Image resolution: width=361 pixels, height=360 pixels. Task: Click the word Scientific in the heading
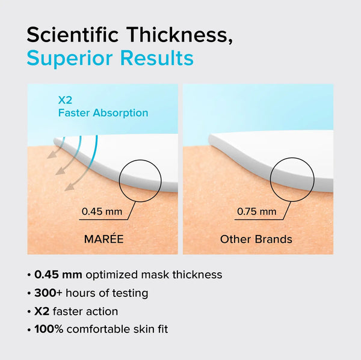(x=73, y=35)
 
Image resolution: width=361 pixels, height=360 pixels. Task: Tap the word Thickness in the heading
(x=177, y=35)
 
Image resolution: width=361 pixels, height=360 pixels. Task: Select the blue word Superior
(x=70, y=58)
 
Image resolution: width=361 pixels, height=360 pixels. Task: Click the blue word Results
(x=157, y=58)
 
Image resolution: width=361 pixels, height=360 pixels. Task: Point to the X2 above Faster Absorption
(x=65, y=100)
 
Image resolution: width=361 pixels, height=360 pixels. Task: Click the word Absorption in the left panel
(x=120, y=113)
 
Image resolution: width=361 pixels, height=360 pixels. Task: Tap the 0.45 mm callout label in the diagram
(x=102, y=212)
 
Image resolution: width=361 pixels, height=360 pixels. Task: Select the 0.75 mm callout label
(x=256, y=212)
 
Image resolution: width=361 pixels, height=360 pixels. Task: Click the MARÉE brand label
(x=104, y=239)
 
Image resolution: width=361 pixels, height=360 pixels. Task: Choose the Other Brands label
(x=256, y=239)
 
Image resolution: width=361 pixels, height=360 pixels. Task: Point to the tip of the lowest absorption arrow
(x=65, y=191)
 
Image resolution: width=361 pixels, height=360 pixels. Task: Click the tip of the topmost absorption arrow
(x=48, y=158)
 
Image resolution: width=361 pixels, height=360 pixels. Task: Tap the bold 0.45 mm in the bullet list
(x=58, y=275)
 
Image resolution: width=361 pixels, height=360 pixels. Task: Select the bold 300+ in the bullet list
(x=48, y=293)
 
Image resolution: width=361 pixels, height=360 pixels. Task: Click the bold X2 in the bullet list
(x=42, y=311)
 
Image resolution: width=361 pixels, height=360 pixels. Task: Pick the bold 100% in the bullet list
(x=49, y=329)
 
